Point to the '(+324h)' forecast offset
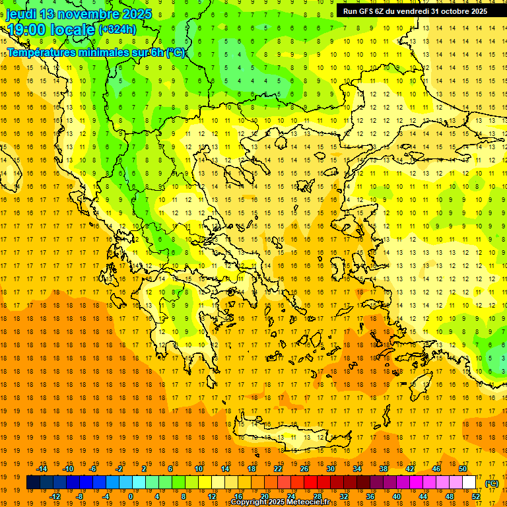(118, 30)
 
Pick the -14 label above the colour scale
(44, 469)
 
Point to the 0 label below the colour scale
(131, 496)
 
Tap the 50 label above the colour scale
(463, 469)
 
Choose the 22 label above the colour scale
(278, 469)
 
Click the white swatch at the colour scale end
(469, 483)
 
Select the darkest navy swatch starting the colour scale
(33, 483)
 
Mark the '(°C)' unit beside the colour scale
(492, 483)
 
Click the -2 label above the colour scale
(119, 469)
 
